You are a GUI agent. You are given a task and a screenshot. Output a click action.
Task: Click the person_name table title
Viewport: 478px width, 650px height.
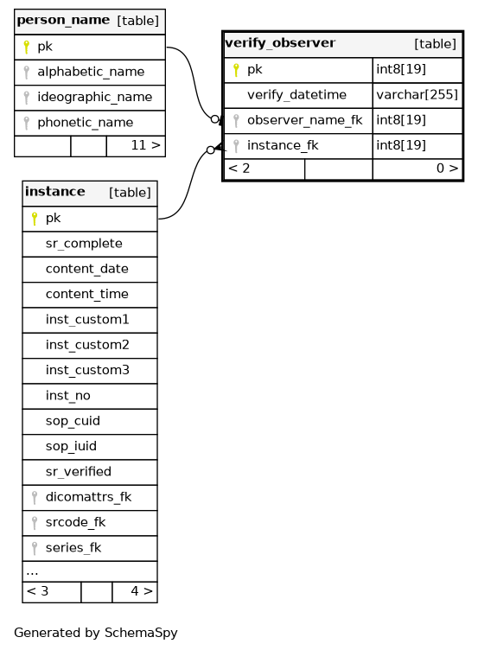63,21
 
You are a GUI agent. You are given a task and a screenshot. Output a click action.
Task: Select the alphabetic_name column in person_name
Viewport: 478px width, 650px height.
91,72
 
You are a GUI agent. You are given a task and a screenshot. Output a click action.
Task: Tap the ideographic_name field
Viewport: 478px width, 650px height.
94,97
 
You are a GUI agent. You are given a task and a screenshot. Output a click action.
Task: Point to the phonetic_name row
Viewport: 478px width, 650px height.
85,122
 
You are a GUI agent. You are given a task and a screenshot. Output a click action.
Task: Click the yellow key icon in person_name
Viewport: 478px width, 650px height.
27,47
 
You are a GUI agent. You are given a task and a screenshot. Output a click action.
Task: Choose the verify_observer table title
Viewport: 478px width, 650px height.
280,42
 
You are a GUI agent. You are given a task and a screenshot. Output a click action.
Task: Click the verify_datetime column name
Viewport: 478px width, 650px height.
296,95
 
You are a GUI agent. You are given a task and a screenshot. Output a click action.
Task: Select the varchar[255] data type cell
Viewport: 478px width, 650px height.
417,95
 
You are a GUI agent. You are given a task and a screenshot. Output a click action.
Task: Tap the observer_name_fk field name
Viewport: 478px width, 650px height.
305,120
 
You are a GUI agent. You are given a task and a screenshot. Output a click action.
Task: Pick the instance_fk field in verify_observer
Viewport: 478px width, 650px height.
283,145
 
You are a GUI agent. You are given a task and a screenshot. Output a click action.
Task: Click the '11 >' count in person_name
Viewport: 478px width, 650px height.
145,145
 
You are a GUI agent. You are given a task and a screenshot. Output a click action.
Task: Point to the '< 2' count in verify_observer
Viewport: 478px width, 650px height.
239,169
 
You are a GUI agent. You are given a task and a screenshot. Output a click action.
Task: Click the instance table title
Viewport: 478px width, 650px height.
55,192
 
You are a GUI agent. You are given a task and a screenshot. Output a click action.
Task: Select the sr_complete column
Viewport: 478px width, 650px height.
84,244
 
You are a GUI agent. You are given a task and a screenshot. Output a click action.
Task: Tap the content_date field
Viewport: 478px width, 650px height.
87,269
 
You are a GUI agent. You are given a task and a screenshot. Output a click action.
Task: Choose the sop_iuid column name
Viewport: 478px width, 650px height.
71,446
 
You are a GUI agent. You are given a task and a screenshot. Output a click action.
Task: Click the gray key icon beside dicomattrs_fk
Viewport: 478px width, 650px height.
35,498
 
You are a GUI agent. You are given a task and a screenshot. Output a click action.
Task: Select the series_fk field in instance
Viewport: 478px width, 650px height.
73,548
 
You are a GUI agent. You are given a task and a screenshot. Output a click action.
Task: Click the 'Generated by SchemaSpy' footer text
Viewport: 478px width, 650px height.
96,633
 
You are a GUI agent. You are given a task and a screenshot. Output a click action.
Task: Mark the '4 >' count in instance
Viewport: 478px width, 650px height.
142,591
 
